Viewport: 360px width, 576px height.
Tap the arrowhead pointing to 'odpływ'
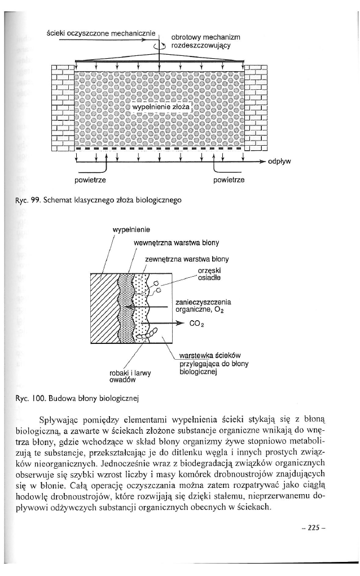point(262,161)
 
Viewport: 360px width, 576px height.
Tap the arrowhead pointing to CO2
point(182,324)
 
